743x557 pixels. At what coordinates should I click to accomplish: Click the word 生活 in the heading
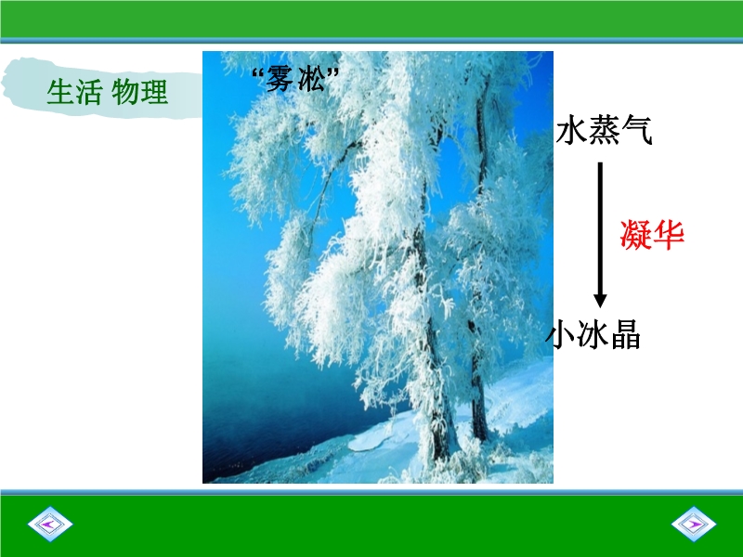74,92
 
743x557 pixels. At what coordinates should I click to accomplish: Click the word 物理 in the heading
140,92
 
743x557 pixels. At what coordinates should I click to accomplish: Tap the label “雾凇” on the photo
296,79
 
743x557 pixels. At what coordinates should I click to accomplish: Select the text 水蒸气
605,131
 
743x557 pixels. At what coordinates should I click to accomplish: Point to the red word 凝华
652,235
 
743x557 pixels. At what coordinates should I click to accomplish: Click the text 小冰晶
593,334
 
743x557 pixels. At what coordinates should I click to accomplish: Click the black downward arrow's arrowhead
600,300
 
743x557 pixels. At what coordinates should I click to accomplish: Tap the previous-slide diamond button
50,524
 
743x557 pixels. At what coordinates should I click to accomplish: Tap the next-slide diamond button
694,524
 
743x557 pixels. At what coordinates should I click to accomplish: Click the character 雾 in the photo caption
280,79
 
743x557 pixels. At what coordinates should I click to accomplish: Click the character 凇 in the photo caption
312,79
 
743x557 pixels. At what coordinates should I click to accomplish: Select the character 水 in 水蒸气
571,131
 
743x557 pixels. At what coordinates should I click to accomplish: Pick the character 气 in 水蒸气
637,131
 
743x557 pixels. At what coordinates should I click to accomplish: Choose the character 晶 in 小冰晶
625,334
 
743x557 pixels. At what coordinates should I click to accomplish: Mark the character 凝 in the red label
635,235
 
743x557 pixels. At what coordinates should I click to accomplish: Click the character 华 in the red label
669,235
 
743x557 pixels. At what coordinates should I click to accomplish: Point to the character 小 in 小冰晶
562,334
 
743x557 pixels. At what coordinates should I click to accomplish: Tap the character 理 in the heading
154,92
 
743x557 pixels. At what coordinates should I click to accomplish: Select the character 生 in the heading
59,92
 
